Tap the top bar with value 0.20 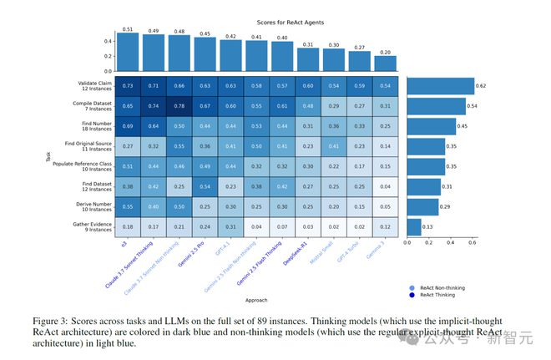[384, 63]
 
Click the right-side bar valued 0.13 [414, 226]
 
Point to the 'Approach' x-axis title [256, 298]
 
